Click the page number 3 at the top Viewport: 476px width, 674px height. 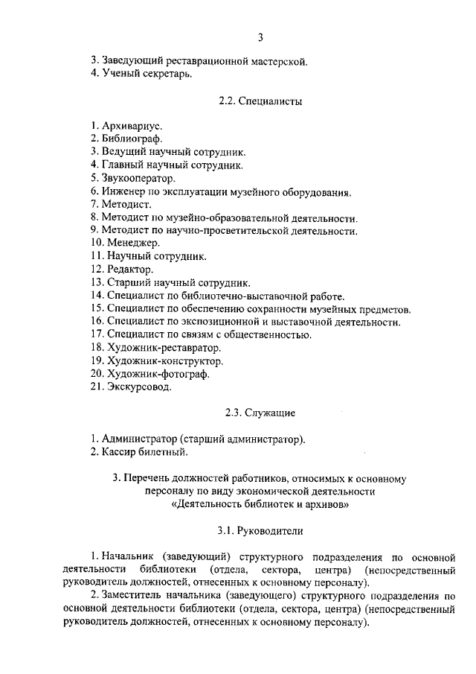point(260,38)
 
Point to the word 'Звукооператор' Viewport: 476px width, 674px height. point(138,178)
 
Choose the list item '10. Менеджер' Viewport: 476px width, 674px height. point(125,243)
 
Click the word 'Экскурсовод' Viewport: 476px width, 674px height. point(139,387)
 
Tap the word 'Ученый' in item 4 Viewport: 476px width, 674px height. point(119,74)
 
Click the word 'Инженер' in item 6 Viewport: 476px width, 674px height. point(122,191)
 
